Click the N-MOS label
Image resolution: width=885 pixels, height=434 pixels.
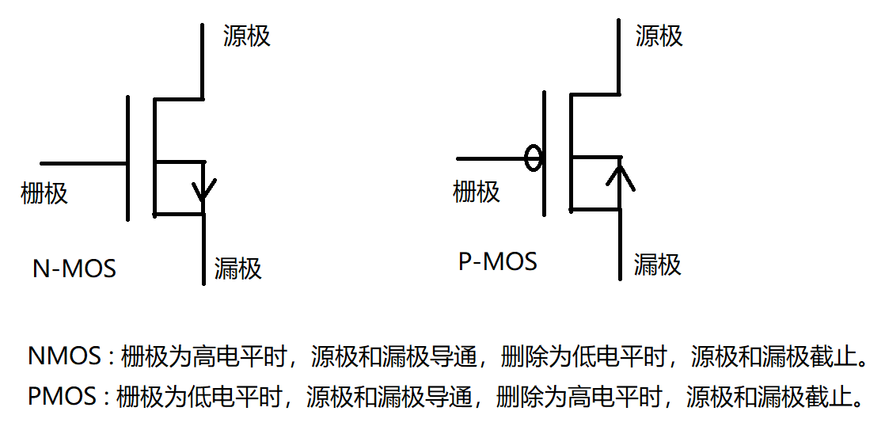point(74,268)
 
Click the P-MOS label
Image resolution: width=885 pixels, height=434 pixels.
point(497,261)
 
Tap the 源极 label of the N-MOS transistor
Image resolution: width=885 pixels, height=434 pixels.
point(247,36)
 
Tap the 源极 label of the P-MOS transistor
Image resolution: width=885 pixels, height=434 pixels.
point(659,36)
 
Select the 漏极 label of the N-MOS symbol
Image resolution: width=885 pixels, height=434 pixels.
point(237,269)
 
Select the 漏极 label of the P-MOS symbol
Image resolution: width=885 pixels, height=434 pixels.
point(657,263)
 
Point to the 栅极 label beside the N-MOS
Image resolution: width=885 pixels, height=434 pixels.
point(44,192)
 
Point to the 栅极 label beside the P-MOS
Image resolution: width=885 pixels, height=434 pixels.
point(476,191)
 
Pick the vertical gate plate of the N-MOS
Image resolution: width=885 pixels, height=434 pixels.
point(127,158)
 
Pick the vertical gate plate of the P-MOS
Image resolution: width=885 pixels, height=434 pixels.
point(545,153)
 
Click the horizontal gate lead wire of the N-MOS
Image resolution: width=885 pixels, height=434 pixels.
point(83,164)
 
